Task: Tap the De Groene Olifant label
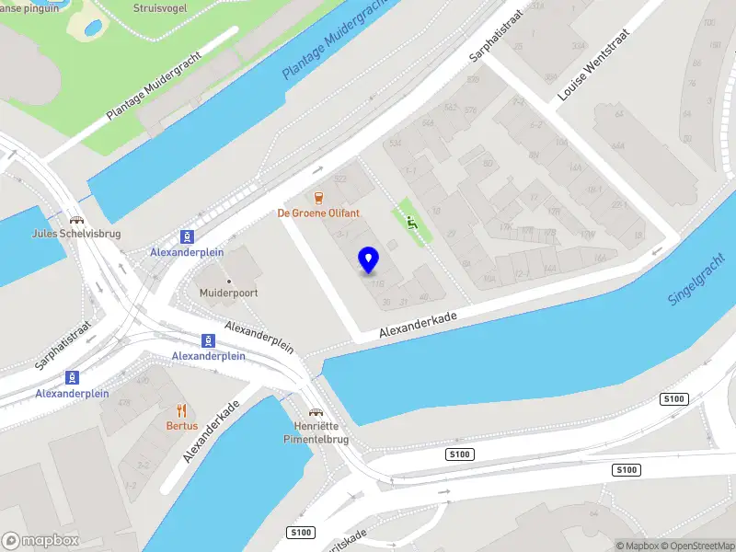point(319,213)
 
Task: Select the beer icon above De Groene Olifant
point(319,198)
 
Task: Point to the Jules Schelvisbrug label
point(76,234)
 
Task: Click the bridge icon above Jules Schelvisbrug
point(76,220)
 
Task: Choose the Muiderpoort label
point(228,293)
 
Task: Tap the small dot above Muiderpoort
point(228,280)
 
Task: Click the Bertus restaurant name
point(181,426)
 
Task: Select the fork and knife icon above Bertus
point(181,410)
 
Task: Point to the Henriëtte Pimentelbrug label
point(316,433)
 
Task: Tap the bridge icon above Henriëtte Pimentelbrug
point(316,412)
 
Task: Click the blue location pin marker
point(369,260)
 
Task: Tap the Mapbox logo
point(40,541)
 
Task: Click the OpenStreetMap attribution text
point(696,546)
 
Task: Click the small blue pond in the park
point(93,28)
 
